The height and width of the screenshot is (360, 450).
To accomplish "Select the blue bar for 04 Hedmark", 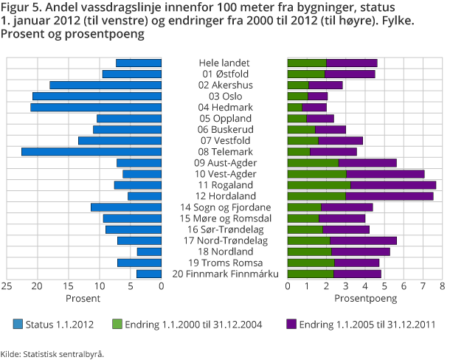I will [x=96, y=108].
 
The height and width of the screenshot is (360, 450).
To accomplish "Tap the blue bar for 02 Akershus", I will [x=105, y=86].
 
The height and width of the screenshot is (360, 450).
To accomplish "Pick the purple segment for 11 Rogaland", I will [x=393, y=185].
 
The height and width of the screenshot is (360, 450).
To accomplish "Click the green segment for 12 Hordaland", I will [x=316, y=196].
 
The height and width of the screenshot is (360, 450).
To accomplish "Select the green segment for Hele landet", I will [x=307, y=63].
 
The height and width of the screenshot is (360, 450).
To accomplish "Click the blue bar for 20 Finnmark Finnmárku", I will [x=149, y=274].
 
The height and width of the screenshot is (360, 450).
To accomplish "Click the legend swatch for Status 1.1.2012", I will [x=18, y=324].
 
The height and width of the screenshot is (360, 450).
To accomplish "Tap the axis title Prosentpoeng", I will [x=365, y=299].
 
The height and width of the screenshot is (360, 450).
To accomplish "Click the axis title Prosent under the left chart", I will [x=83, y=299].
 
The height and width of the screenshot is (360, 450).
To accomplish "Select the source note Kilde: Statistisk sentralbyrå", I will [x=52, y=353].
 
